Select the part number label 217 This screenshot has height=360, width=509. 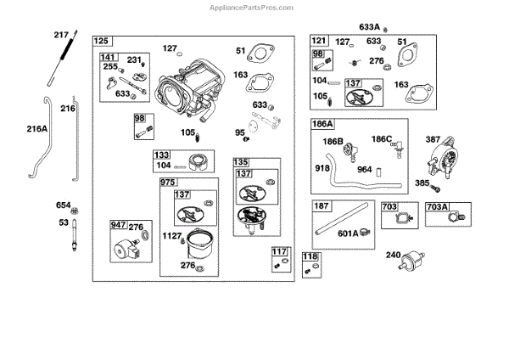60,35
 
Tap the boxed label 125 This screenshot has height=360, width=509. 102,42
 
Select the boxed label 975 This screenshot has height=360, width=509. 170,183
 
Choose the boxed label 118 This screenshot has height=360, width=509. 310,256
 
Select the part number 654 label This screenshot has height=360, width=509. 64,205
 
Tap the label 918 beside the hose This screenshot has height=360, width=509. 323,168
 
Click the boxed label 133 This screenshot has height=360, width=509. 161,155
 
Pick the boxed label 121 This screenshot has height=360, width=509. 318,41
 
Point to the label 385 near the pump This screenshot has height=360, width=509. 422,183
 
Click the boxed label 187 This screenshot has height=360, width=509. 322,206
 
